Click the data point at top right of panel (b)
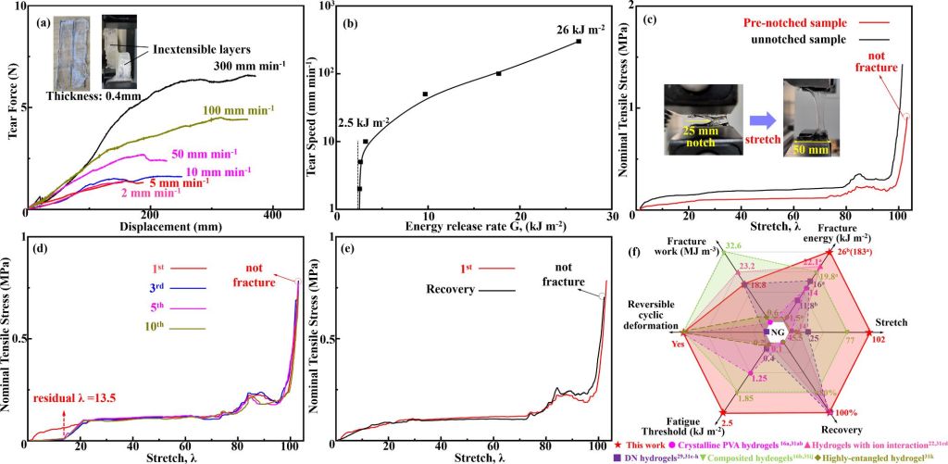pos(579,41)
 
